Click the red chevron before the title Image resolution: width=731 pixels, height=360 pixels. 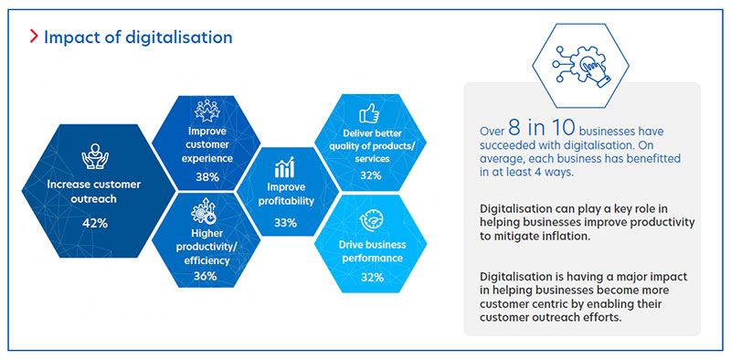[33, 37]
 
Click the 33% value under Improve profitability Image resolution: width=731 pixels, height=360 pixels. [285, 222]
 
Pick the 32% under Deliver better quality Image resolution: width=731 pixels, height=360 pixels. [370, 175]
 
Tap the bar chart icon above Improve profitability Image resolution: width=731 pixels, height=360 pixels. [285, 167]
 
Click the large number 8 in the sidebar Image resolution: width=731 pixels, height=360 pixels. [522, 128]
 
